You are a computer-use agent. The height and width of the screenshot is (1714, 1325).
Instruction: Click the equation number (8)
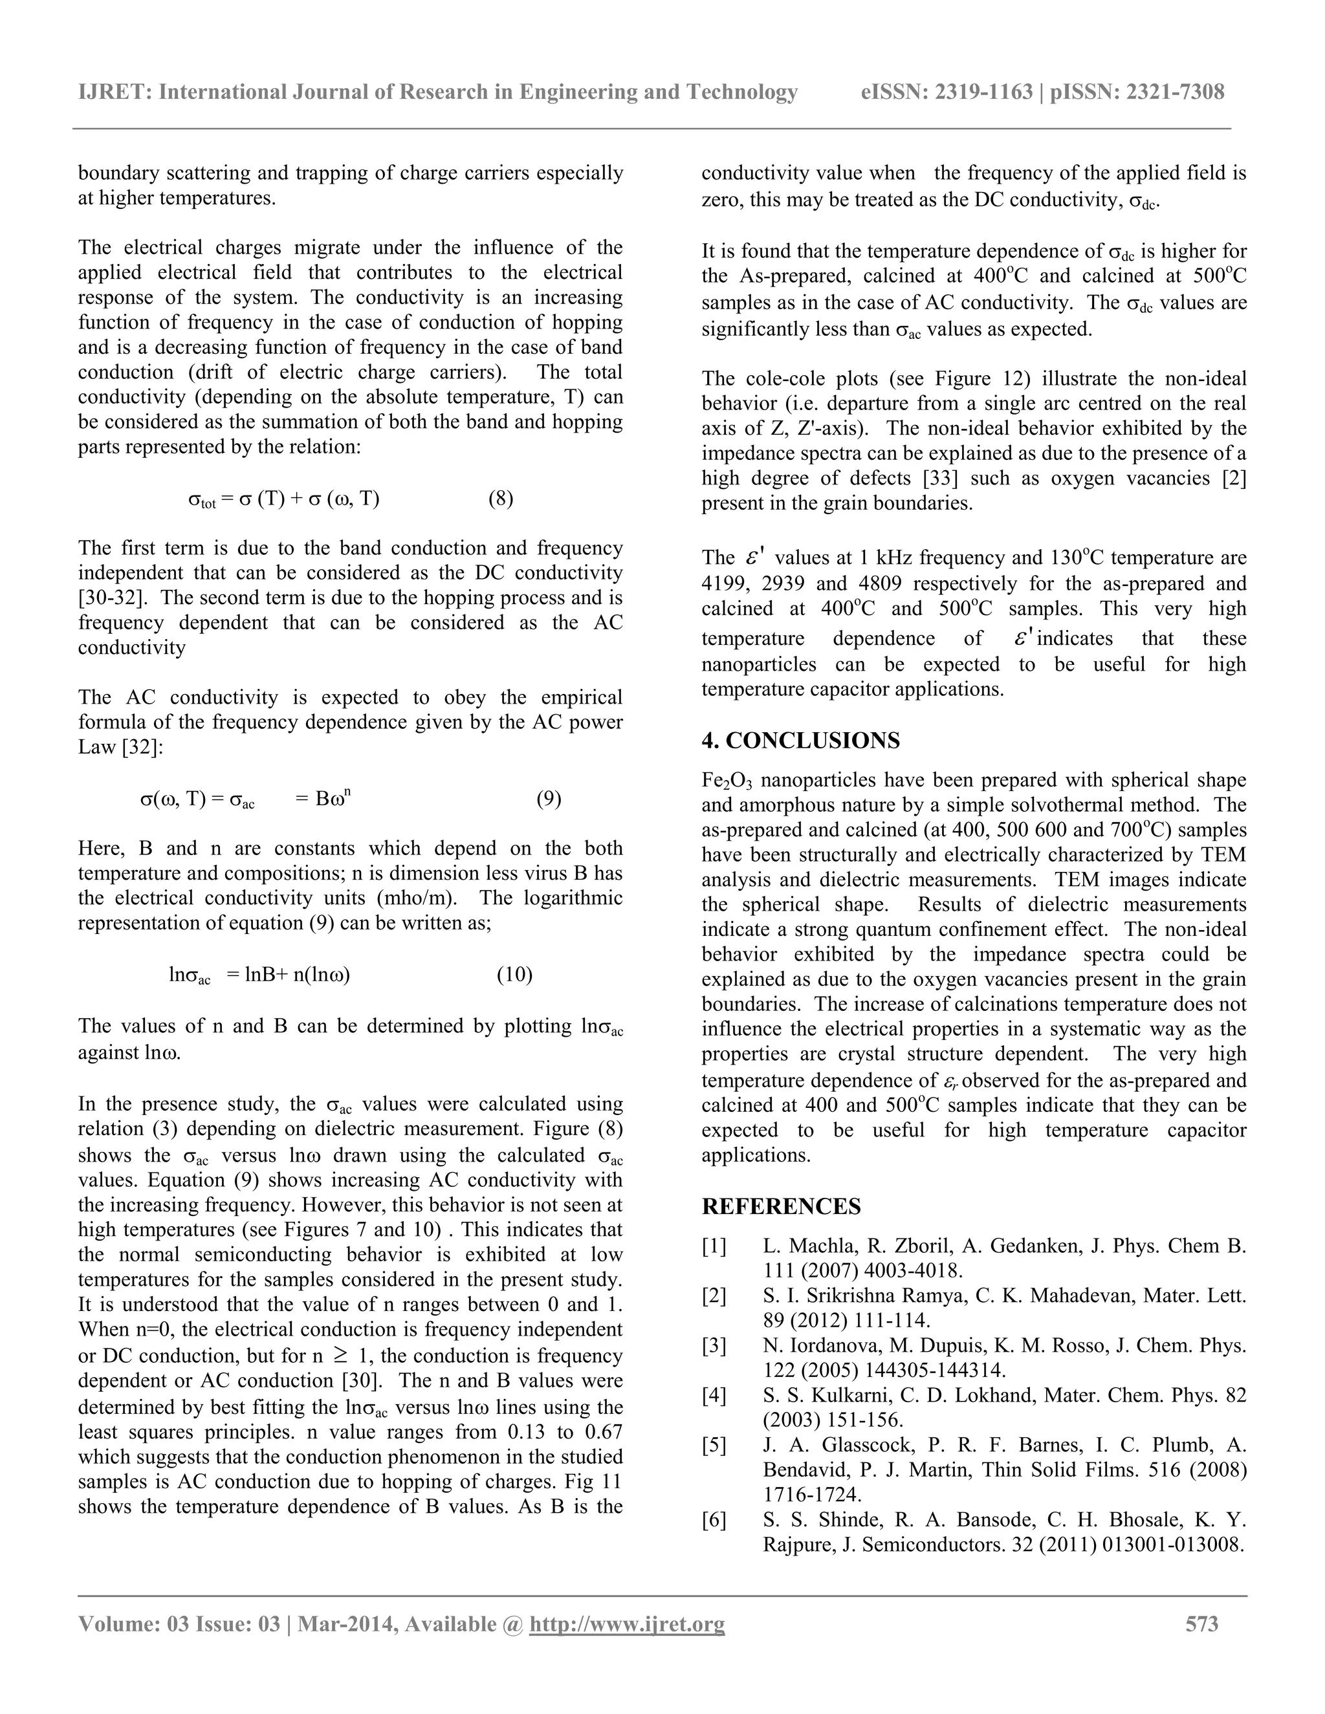pos(500,499)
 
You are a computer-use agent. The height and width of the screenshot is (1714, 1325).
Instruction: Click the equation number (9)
pos(549,799)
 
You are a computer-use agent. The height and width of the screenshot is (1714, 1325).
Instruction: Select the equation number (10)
pos(514,975)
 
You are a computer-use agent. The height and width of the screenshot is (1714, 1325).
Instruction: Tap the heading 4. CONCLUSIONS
pos(801,741)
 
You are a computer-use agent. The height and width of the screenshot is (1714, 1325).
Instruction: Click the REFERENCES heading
pos(781,1206)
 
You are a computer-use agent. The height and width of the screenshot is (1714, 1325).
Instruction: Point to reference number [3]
pos(714,1346)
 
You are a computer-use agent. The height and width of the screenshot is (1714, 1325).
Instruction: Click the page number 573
pos(1202,1623)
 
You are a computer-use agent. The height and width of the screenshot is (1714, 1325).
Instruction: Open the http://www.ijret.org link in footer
pos(627,1623)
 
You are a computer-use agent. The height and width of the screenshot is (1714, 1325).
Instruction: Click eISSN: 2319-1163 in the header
pos(947,92)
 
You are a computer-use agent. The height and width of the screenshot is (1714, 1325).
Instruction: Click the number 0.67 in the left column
pos(604,1432)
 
